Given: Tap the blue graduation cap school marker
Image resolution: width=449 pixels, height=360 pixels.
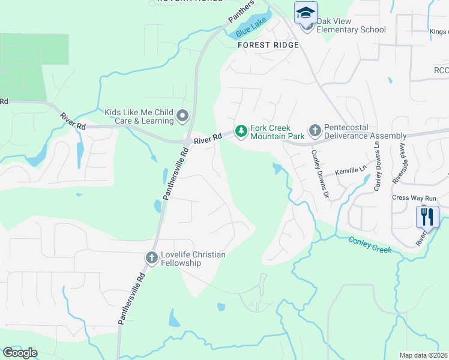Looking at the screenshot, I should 306,12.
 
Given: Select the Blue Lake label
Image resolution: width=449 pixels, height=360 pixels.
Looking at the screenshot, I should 250,29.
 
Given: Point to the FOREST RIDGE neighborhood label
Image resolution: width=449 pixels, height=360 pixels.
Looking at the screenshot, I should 268,45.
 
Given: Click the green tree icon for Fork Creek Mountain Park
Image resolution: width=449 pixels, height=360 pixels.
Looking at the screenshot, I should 241,130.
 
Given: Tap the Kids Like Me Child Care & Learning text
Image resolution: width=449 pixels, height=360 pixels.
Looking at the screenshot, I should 139,116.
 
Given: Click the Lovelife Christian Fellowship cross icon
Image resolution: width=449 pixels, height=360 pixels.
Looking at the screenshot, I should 151,258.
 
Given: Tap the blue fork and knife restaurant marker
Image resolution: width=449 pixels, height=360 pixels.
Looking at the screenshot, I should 427,216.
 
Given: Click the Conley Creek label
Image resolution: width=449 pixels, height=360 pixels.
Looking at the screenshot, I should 370,244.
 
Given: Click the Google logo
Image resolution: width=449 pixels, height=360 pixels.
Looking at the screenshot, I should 20,353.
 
